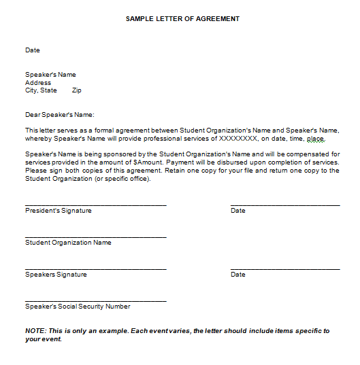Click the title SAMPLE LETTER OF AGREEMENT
tap(182, 19)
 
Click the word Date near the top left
tap(33, 50)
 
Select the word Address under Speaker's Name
tap(38, 83)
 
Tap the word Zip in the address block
tap(76, 90)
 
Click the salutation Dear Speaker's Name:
tap(60, 115)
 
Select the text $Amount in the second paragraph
tap(147, 163)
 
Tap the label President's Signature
tap(59, 211)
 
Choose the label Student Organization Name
tap(68, 243)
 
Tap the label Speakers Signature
tap(56, 275)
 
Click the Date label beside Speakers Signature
tap(238, 275)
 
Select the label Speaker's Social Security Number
tap(78, 307)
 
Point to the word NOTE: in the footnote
tap(35, 331)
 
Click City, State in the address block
tap(41, 90)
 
